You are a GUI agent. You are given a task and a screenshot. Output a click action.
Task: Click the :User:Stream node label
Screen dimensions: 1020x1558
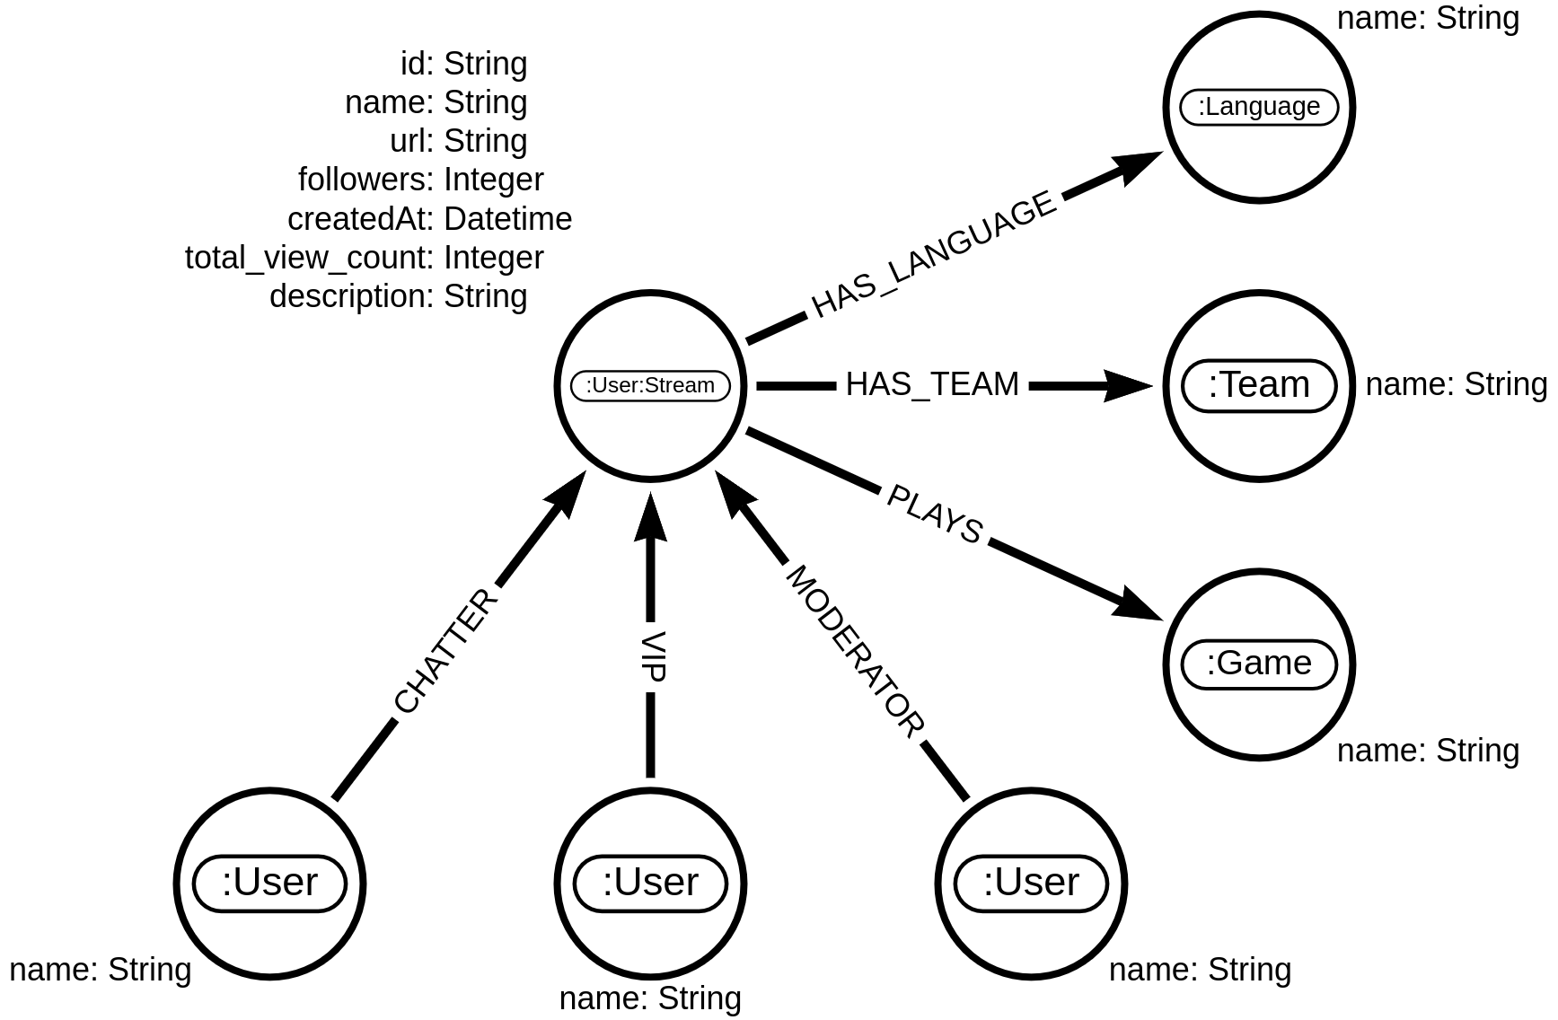pyautogui.click(x=650, y=386)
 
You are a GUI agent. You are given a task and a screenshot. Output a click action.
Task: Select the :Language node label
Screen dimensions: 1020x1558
pyautogui.click(x=1259, y=107)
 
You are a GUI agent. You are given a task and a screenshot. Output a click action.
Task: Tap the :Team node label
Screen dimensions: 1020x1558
pyautogui.click(x=1259, y=385)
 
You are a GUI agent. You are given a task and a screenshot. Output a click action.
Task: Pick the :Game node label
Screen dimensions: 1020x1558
pyautogui.click(x=1259, y=664)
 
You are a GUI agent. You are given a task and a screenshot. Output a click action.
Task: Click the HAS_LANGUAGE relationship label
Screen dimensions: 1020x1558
pyautogui.click(x=934, y=256)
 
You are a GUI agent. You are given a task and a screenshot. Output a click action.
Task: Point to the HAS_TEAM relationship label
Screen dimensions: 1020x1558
pyautogui.click(x=932, y=385)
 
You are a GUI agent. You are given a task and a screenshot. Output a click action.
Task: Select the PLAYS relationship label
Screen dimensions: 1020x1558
pyautogui.click(x=934, y=515)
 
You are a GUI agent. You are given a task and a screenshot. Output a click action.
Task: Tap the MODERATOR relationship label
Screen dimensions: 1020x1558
pyautogui.click(x=854, y=653)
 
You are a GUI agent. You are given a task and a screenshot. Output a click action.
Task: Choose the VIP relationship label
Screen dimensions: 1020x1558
pyautogui.click(x=650, y=657)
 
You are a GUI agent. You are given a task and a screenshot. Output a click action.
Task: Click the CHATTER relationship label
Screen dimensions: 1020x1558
pyautogui.click(x=446, y=652)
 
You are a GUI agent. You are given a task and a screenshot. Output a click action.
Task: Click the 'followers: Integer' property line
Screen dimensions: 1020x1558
pyautogui.click(x=420, y=180)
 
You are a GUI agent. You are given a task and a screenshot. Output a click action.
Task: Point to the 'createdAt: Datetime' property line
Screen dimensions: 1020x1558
pyautogui.click(x=429, y=219)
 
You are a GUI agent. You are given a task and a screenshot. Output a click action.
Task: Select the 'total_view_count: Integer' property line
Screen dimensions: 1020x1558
pyautogui.click(x=364, y=258)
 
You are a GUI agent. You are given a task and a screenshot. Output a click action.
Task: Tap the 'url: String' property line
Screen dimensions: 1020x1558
pyautogui.click(x=458, y=141)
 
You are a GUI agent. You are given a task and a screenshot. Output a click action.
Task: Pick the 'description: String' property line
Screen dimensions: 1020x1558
pyautogui.click(x=398, y=296)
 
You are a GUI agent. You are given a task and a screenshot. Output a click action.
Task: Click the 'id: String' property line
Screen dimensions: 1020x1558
pyautogui.click(x=463, y=64)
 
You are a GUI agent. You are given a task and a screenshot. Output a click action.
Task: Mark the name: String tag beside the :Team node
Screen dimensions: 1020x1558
pyautogui.click(x=1456, y=385)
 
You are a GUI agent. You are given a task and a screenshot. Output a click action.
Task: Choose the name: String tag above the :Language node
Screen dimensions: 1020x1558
pyautogui.click(x=1428, y=19)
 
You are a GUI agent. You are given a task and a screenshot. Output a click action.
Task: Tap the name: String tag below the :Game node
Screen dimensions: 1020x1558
pyautogui.click(x=1428, y=751)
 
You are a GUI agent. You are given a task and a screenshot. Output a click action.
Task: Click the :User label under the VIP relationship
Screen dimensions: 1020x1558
pyautogui.click(x=650, y=883)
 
